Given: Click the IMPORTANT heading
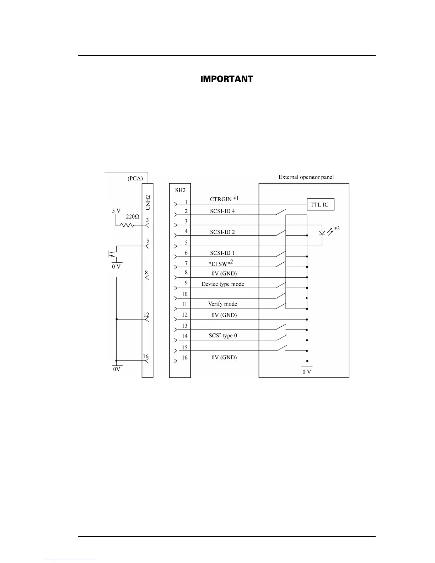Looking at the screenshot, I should (227, 79).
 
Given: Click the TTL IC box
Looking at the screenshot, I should (320, 204).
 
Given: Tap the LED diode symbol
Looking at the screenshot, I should (322, 233).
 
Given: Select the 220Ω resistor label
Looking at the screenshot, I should (132, 216).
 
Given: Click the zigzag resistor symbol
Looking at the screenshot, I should (127, 225).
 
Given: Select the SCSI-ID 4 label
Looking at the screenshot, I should (222, 211).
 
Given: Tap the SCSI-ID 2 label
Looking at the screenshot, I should (222, 232).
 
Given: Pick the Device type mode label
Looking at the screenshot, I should (223, 284).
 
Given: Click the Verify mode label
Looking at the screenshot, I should (222, 304).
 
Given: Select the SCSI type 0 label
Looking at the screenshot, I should (223, 336).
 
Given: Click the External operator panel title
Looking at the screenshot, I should (306, 177).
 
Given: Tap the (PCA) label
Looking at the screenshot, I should (135, 178).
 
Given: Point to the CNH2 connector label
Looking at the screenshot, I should (148, 202).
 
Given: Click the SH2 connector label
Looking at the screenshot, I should (180, 190).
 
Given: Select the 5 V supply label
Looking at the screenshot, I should (116, 211).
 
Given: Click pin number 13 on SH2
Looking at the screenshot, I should (185, 326).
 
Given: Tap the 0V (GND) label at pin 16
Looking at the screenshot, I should (224, 358).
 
